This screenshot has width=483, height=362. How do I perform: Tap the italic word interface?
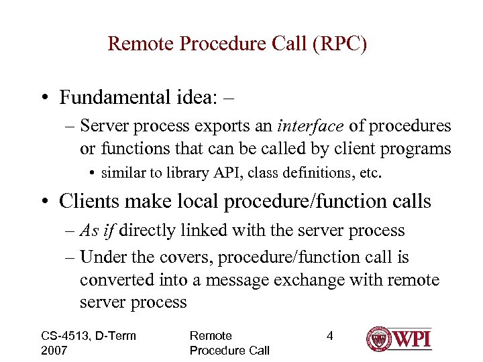[308, 127]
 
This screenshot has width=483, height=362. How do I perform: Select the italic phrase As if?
[97, 231]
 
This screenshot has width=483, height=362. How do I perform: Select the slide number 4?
[329, 335]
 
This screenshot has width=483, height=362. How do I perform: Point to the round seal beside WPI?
[379, 339]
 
